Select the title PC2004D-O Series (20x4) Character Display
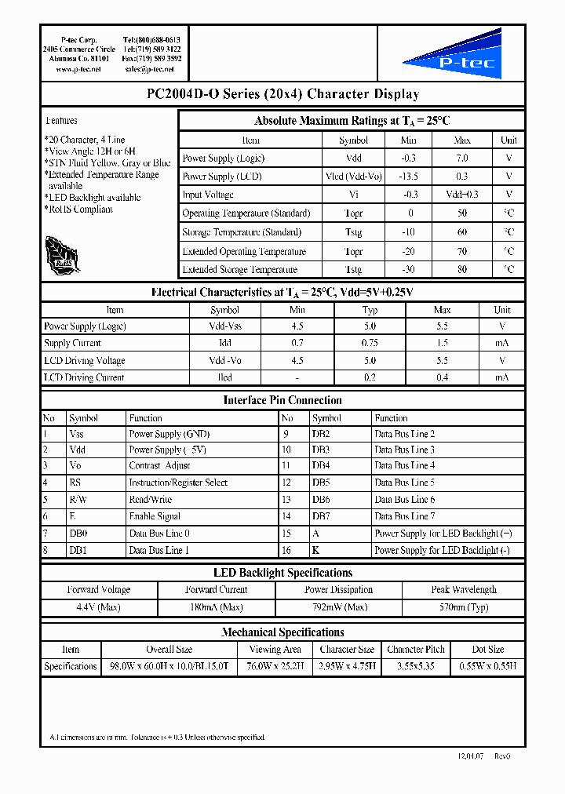tap(282, 94)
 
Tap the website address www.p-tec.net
tap(78, 69)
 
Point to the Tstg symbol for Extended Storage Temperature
tap(353, 270)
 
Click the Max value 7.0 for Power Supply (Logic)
tap(462, 158)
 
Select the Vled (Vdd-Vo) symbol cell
tap(353, 177)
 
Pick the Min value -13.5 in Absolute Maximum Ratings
tap(409, 177)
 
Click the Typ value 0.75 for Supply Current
tap(370, 343)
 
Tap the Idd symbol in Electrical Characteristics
tap(224, 343)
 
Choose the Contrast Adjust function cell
tap(159, 466)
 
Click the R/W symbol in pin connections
tap(77, 499)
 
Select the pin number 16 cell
tap(286, 551)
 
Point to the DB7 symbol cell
tap(320, 516)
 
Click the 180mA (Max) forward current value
tap(217, 607)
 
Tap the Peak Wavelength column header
tap(463, 590)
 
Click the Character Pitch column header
tap(416, 650)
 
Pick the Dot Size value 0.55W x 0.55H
tap(487, 666)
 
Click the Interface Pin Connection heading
tap(282, 400)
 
